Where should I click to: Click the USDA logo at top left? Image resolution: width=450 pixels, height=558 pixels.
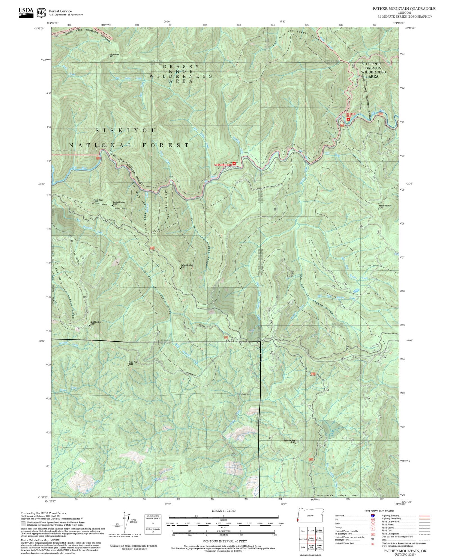pos(26,11)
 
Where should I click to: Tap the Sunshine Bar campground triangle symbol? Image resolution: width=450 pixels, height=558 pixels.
pos(234,164)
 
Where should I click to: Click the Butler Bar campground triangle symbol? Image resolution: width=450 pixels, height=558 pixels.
pos(348,119)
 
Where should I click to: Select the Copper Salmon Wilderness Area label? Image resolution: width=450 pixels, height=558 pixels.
pos(373,70)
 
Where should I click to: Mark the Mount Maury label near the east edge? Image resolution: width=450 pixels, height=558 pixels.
pos(385,206)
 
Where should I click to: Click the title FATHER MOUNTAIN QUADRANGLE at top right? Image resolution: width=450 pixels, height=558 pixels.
pos(404,9)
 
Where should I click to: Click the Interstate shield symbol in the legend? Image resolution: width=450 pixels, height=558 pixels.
pos(373,515)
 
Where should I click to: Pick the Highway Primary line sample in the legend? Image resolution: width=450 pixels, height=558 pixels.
pos(423,516)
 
